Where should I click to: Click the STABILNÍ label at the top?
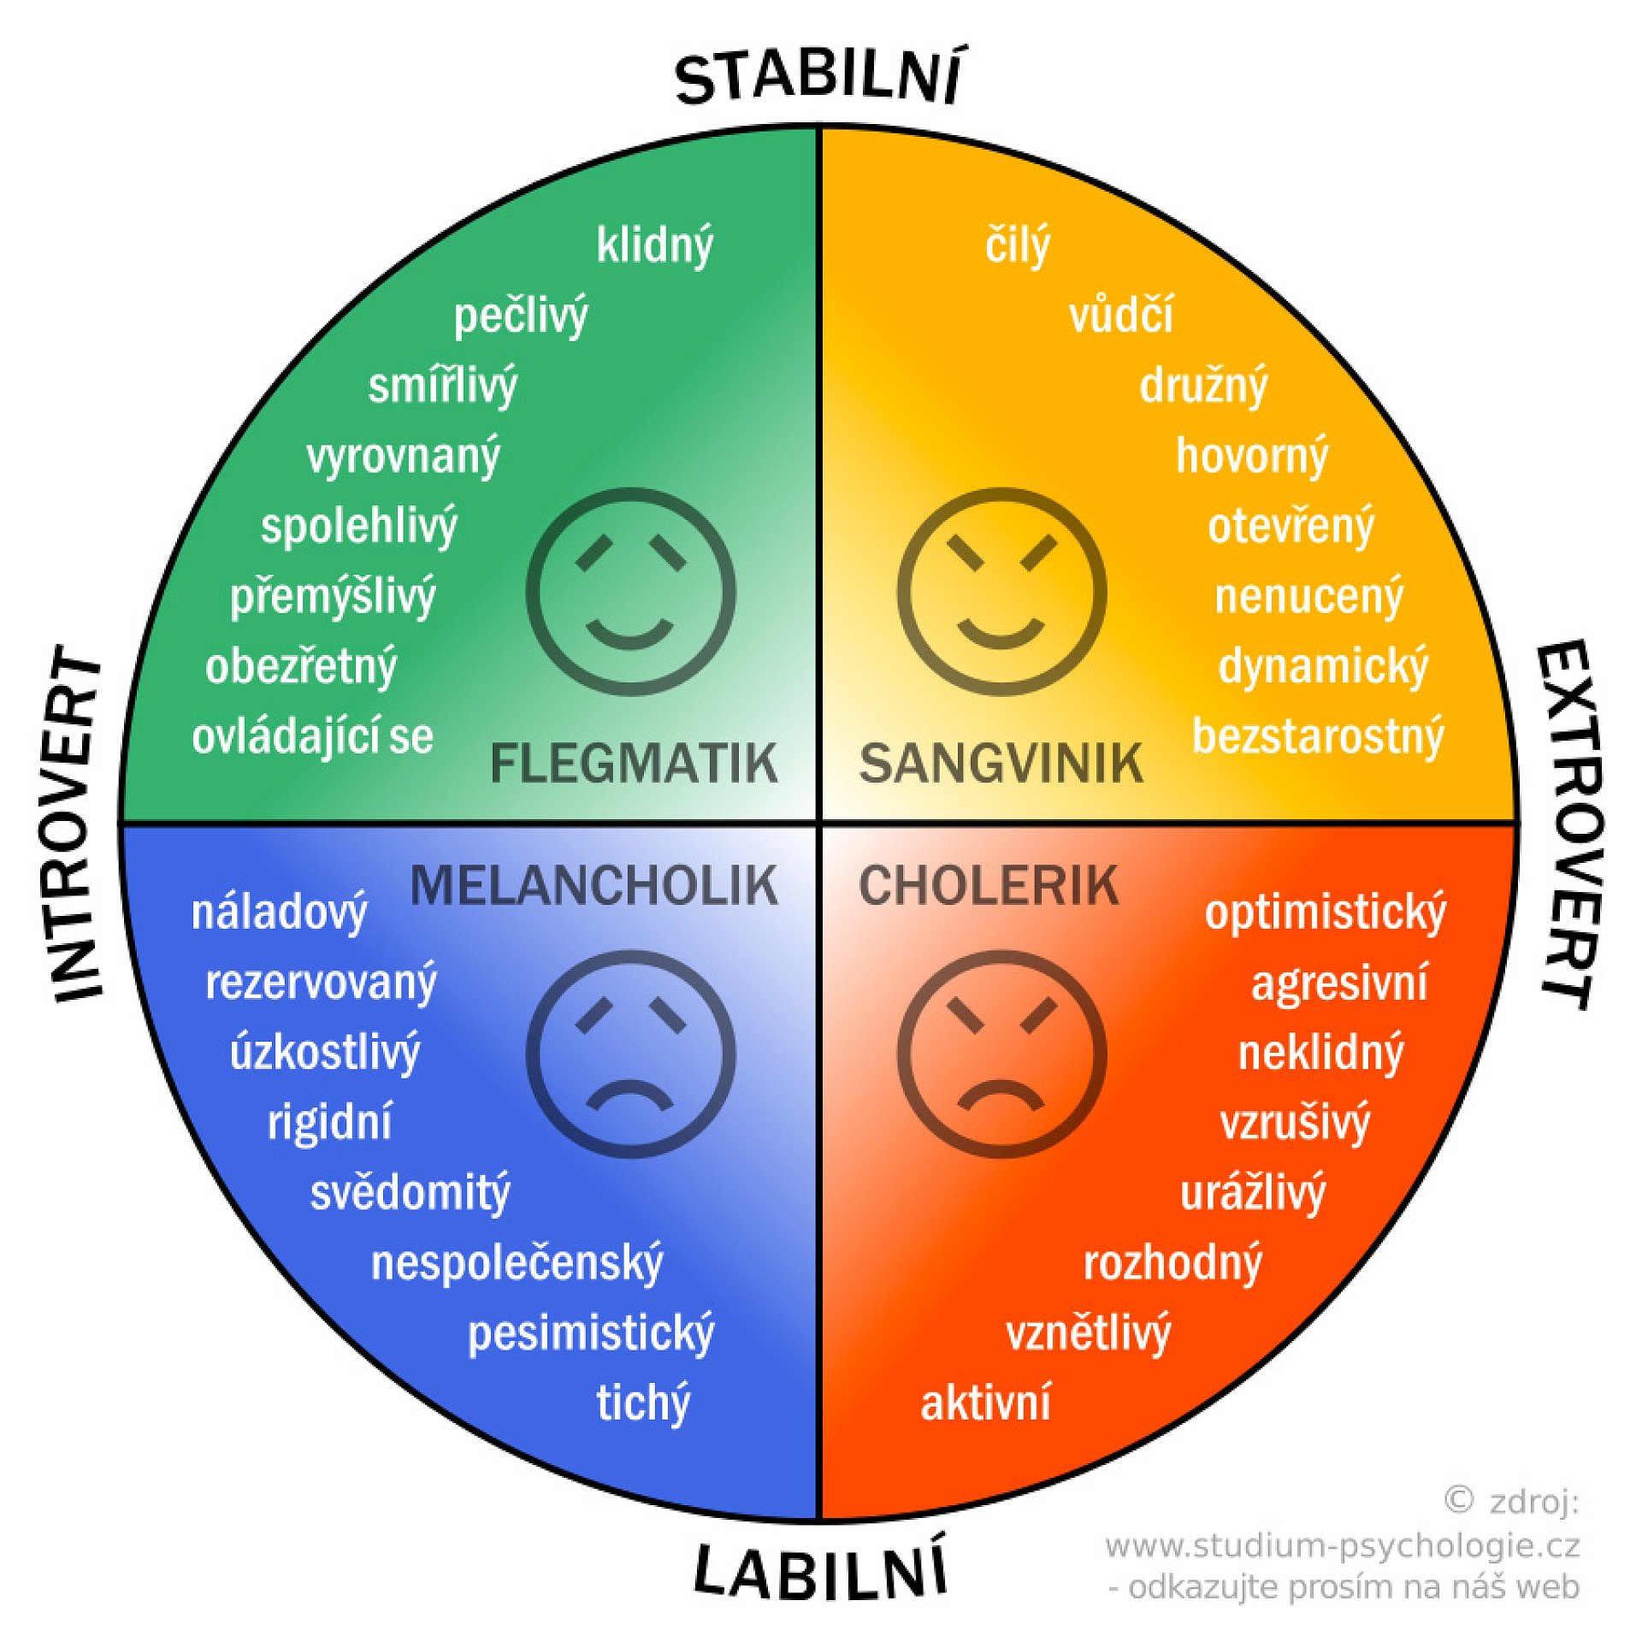coord(818,77)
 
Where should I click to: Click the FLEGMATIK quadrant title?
coord(634,763)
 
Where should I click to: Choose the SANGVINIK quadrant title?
coord(1001,763)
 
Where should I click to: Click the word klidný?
coord(654,245)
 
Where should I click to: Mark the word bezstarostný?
coord(1318,736)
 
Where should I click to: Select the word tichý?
coord(643,1403)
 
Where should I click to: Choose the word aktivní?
coord(985,1403)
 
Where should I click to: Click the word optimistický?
coord(1325,913)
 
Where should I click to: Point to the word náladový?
coord(280,913)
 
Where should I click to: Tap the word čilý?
coord(1017,245)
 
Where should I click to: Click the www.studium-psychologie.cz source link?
coord(1342,1545)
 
